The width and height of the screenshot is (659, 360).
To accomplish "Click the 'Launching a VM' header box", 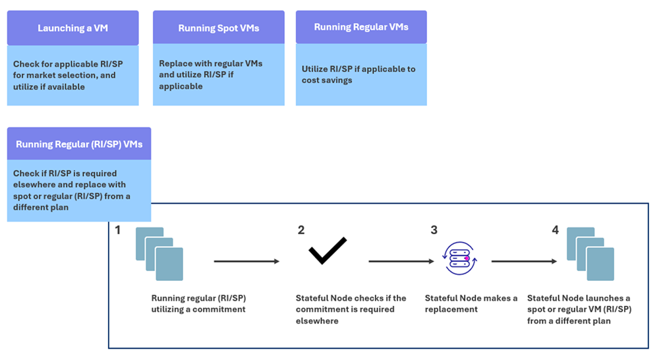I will [x=72, y=28].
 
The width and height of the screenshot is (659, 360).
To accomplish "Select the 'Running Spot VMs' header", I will [x=218, y=28].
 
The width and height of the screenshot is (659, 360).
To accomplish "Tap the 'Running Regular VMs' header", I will [x=361, y=27].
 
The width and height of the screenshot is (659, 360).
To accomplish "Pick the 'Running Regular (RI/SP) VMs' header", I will [x=79, y=144].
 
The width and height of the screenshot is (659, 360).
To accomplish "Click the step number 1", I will [x=118, y=230].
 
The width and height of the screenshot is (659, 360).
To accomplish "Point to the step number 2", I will [x=301, y=230].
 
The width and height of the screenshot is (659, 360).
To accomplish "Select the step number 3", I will [x=434, y=230].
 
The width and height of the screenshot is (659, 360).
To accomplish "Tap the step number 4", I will [x=555, y=230].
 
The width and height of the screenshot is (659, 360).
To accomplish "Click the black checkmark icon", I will [x=328, y=250].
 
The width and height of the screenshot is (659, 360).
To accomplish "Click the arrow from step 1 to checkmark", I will [x=246, y=262].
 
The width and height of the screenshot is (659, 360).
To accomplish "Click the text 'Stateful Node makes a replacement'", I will [x=471, y=303].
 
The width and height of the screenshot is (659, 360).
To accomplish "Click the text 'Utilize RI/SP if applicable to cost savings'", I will [x=358, y=74].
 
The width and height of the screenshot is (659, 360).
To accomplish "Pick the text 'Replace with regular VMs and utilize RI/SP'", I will [x=211, y=75].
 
